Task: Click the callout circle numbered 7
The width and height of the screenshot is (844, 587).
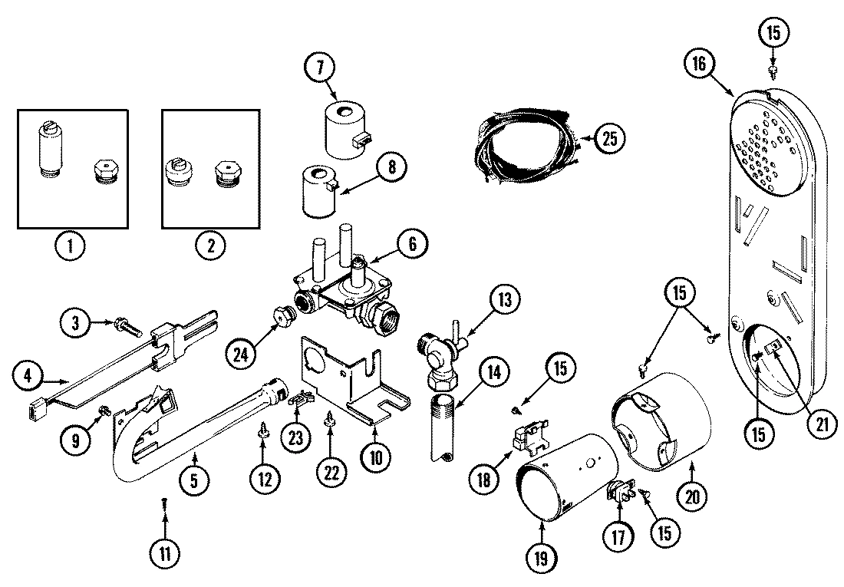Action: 318,68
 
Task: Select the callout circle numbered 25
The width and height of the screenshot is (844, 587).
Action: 608,139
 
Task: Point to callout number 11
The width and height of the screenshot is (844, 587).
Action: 164,552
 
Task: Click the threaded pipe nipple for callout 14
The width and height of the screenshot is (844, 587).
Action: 443,425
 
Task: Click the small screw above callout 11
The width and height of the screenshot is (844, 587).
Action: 164,502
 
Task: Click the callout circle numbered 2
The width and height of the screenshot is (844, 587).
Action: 210,246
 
